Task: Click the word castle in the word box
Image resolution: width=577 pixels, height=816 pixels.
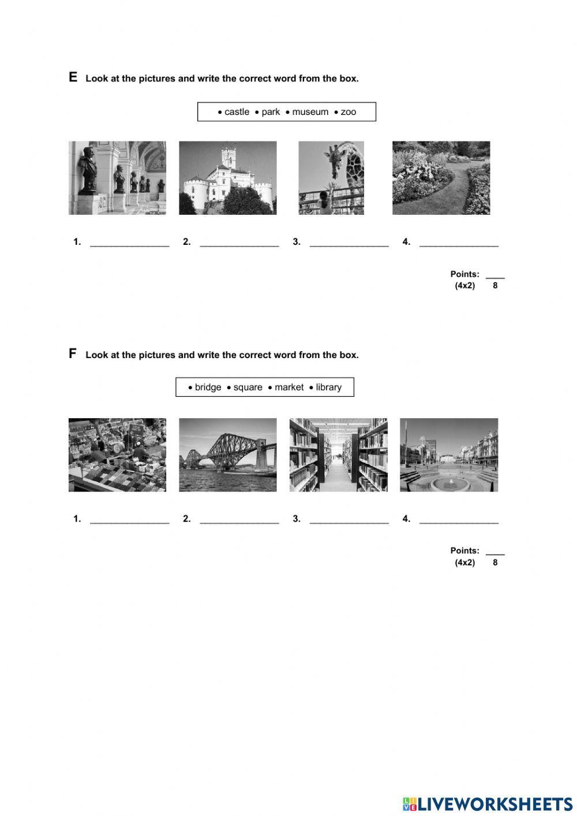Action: point(237,112)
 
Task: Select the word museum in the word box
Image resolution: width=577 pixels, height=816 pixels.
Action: point(310,112)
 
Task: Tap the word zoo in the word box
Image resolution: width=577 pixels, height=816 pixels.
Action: point(349,112)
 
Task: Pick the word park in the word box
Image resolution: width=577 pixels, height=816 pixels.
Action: point(271,112)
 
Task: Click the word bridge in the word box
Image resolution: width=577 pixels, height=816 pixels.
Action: point(208,387)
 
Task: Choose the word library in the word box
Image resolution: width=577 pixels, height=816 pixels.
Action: point(328,387)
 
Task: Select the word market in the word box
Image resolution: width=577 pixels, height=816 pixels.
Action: point(289,387)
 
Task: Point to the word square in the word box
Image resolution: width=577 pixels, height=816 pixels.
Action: point(248,387)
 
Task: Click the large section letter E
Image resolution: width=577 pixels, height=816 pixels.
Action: point(73,77)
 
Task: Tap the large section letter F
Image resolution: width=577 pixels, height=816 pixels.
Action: point(73,353)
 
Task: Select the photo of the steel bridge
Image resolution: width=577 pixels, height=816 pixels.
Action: point(227,455)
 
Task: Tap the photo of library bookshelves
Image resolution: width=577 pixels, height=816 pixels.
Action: point(338,455)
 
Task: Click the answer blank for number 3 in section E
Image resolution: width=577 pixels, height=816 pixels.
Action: point(349,243)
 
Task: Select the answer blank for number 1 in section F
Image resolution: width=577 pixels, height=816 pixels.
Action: point(130,519)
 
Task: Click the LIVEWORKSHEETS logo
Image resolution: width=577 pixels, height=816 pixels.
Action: point(488,804)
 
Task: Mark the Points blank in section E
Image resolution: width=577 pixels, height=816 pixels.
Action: point(495,275)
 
